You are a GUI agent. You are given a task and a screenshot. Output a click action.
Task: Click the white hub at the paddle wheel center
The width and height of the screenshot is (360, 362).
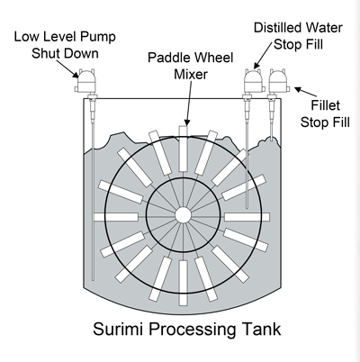(x=183, y=215)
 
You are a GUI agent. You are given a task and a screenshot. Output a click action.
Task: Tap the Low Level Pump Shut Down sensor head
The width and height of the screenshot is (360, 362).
(x=85, y=81)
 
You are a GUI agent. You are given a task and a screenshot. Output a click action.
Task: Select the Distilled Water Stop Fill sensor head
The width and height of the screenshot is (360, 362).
(x=254, y=81)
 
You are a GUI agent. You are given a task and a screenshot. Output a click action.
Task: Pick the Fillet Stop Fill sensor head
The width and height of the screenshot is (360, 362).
(x=278, y=81)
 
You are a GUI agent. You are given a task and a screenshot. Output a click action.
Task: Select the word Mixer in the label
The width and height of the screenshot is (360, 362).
(x=191, y=74)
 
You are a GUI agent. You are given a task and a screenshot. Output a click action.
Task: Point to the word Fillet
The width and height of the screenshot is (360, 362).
(x=325, y=105)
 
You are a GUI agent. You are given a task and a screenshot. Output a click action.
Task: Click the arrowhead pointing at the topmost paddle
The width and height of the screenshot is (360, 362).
(x=187, y=122)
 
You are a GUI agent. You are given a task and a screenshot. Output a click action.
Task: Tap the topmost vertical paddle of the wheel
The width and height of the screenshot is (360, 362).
(x=183, y=149)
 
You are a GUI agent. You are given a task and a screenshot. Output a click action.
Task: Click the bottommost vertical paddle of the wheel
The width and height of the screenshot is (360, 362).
(x=183, y=283)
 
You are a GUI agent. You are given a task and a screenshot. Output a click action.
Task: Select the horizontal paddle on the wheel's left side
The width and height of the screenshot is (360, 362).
(x=116, y=217)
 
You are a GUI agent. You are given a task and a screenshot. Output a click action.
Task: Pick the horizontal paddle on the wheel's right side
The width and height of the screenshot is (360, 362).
(x=247, y=217)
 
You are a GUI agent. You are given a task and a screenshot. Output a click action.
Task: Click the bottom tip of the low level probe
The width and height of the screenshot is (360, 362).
(x=93, y=280)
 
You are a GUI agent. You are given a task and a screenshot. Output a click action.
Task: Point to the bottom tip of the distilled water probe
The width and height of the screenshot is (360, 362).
(x=247, y=207)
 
